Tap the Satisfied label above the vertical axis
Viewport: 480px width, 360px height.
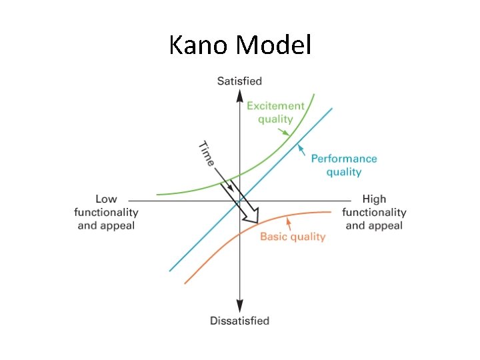239,81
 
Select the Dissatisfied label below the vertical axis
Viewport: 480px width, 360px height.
239,321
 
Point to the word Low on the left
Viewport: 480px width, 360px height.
106,199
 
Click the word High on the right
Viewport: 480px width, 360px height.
374,199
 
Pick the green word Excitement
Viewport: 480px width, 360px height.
275,105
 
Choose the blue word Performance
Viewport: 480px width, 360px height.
344,159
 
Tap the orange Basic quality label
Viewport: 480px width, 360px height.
293,237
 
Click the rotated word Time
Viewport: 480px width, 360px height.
207,154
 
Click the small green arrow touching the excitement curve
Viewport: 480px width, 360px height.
285,132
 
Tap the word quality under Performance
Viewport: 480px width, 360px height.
344,172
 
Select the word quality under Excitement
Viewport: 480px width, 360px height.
275,119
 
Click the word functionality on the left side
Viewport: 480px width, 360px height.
106,212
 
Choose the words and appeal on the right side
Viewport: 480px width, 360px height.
374,225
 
